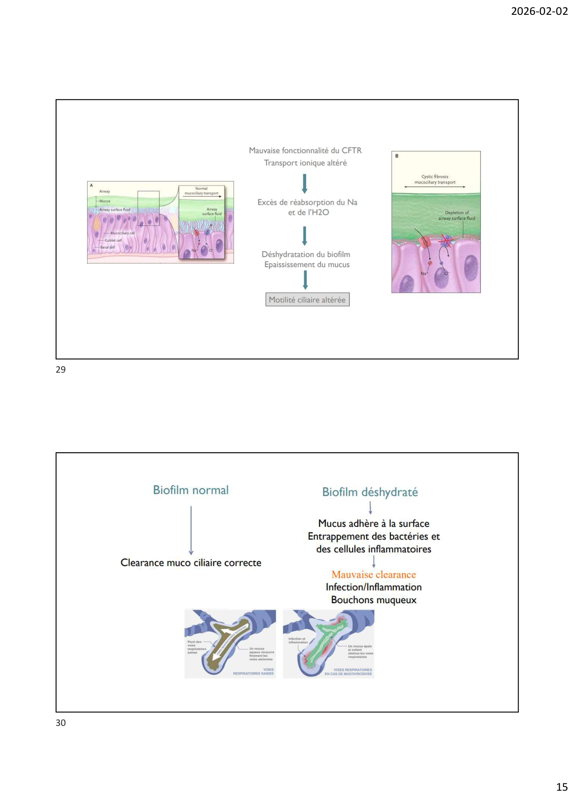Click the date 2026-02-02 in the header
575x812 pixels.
[x=539, y=11]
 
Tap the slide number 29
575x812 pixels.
[x=61, y=369]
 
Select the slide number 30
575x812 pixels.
[x=61, y=723]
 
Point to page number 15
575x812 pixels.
[x=562, y=787]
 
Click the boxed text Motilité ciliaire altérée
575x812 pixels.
[x=307, y=300]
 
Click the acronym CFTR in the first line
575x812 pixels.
[x=352, y=150]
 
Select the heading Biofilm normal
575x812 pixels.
[x=191, y=490]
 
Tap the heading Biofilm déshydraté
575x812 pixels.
[x=370, y=492]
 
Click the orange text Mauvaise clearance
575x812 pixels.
[x=373, y=575]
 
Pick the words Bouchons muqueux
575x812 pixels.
[x=373, y=600]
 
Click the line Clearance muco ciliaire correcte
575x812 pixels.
[x=191, y=562]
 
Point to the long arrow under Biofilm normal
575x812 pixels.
[x=191, y=530]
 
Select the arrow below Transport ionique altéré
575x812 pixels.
[x=304, y=183]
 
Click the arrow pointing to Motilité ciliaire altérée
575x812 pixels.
[x=305, y=280]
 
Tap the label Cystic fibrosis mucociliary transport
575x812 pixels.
[x=435, y=180]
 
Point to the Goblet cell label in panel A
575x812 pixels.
[x=113, y=240]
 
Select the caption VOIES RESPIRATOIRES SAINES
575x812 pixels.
[x=253, y=671]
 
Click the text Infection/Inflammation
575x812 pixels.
[x=373, y=587]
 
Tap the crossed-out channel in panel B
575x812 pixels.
[x=446, y=240]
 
